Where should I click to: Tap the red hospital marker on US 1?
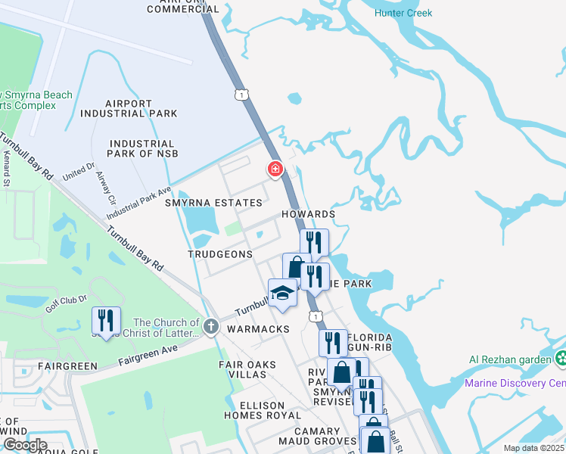tap(275, 169)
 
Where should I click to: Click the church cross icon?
tap(210, 327)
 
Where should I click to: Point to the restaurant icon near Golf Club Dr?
tap(106, 321)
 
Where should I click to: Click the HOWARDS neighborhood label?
tap(308, 215)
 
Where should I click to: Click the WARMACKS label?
tap(258, 330)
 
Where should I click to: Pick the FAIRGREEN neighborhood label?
tap(70, 366)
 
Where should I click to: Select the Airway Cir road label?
tap(105, 189)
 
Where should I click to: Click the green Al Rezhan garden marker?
tap(561, 358)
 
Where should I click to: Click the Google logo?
tap(25, 445)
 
